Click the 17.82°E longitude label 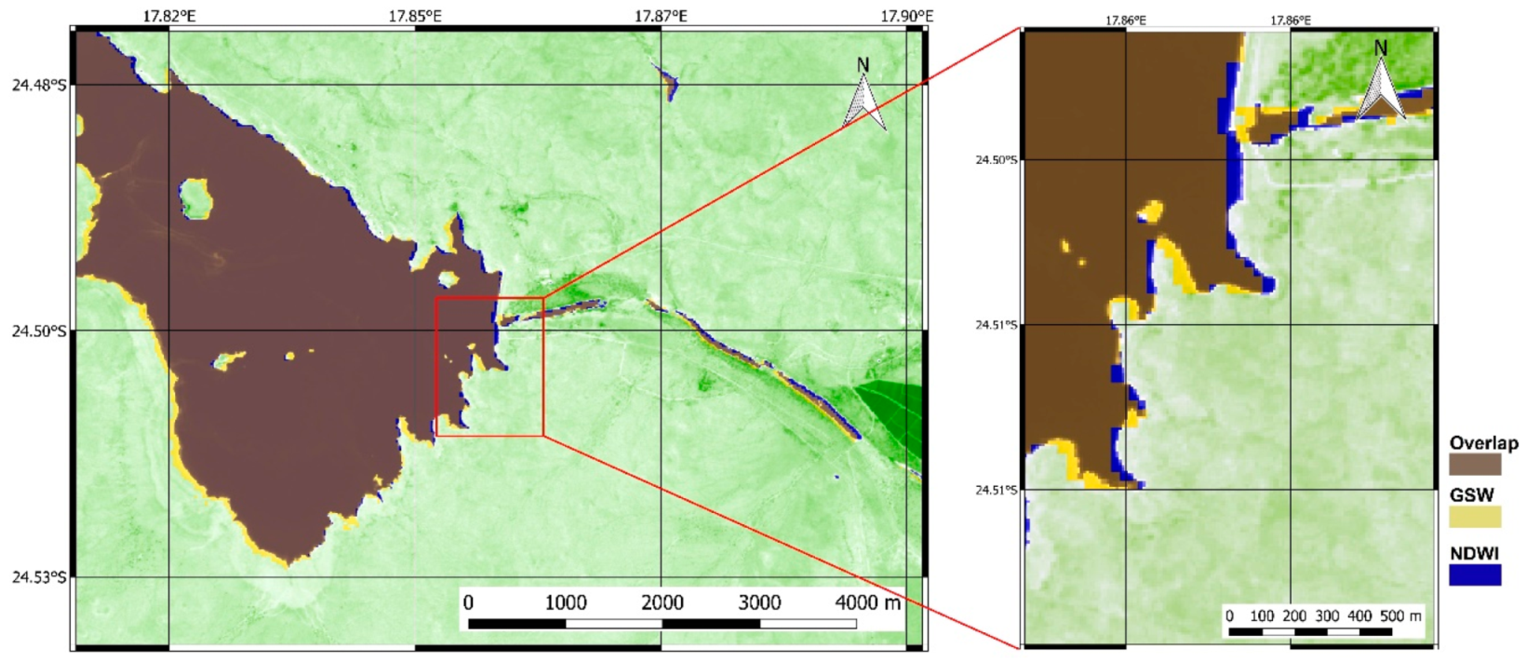pyautogui.click(x=169, y=16)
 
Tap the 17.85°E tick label pyautogui.click(x=415, y=16)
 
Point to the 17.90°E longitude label pyautogui.click(x=907, y=16)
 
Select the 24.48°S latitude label pyautogui.click(x=38, y=85)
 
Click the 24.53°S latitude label pyautogui.click(x=38, y=577)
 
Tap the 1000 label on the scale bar pyautogui.click(x=566, y=602)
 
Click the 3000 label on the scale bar pyautogui.click(x=759, y=602)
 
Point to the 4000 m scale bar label pyautogui.click(x=868, y=602)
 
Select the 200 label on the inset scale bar pyautogui.click(x=1294, y=615)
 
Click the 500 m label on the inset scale pyautogui.click(x=1400, y=615)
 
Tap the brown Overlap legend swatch pyautogui.click(x=1475, y=464)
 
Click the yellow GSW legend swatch pyautogui.click(x=1475, y=517)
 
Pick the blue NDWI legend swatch pyautogui.click(x=1475, y=574)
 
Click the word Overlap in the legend pyautogui.click(x=1483, y=443)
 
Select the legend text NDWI pyautogui.click(x=1475, y=553)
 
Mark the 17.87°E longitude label pyautogui.click(x=662, y=16)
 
